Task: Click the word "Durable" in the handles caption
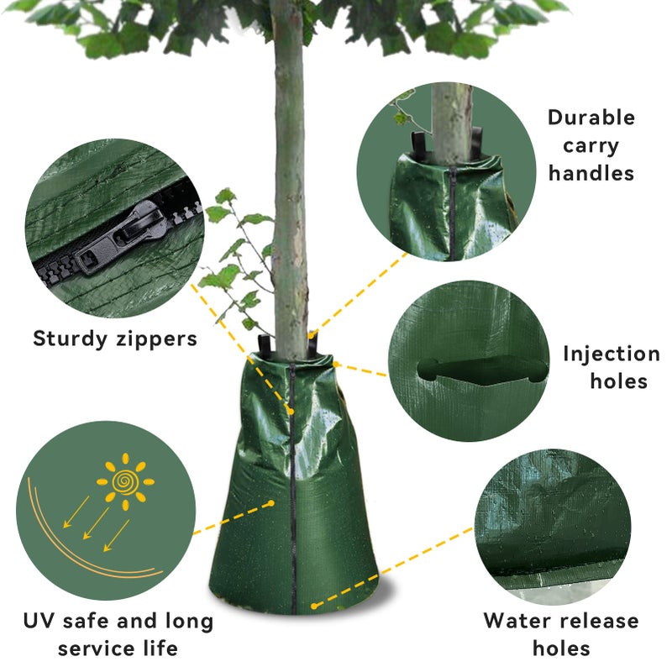(591, 118)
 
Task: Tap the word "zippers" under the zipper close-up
(157, 339)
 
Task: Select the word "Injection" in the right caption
(612, 354)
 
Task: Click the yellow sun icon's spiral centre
(124, 481)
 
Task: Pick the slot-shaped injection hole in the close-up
(482, 369)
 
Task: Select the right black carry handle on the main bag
(312, 344)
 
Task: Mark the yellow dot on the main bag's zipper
(291, 412)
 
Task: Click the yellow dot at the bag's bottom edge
(314, 606)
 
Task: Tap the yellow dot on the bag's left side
(270, 503)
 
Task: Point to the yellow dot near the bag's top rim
(335, 365)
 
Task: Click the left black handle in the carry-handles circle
(419, 144)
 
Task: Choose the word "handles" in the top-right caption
(591, 174)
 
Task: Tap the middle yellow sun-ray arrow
(96, 523)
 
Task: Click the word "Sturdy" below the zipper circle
(71, 339)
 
